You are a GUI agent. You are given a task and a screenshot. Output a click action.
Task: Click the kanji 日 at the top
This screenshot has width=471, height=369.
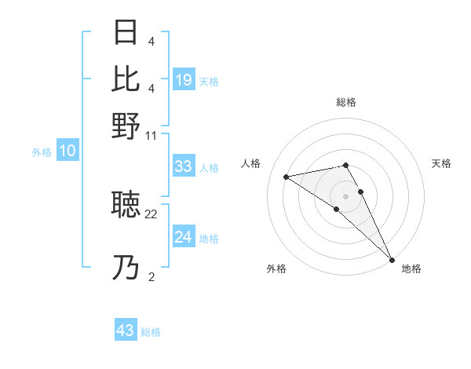(x=126, y=34)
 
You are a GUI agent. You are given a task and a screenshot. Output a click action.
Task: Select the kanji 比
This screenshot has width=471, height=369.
(x=126, y=79)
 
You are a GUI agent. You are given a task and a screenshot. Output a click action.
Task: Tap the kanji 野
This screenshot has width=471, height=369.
(x=126, y=126)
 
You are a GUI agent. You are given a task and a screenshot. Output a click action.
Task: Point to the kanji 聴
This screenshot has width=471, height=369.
(x=126, y=205)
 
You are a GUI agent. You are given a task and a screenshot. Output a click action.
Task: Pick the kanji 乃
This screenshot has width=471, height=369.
(x=126, y=268)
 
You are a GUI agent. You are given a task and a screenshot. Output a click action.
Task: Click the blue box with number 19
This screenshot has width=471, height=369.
(x=184, y=79)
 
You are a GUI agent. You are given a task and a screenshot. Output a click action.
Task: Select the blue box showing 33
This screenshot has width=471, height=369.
(x=184, y=166)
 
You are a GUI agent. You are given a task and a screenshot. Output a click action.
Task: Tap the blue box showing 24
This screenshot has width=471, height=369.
(x=184, y=237)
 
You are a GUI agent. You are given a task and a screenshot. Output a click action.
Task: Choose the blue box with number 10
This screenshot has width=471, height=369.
(x=68, y=152)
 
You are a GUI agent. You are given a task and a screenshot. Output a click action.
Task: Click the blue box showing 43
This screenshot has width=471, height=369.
(x=126, y=331)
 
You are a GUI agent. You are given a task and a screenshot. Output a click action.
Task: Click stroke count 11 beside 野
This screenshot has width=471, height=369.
(x=152, y=135)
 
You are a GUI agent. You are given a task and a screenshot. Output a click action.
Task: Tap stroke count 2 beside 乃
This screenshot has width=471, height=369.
(x=152, y=276)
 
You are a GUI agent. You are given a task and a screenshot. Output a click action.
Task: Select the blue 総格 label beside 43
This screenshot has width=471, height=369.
(x=151, y=332)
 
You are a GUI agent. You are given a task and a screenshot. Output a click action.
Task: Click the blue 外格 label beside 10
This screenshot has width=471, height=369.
(x=42, y=153)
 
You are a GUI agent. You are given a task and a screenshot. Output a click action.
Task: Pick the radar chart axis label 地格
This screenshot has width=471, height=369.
(x=411, y=269)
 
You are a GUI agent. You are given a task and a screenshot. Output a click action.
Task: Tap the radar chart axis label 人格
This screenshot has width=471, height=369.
(x=251, y=163)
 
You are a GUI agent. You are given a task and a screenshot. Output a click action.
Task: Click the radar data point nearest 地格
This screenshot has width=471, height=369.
(x=392, y=259)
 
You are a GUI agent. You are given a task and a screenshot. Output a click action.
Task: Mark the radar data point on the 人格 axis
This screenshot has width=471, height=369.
(x=287, y=177)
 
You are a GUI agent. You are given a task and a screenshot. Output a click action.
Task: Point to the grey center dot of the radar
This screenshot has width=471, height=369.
(x=346, y=195)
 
